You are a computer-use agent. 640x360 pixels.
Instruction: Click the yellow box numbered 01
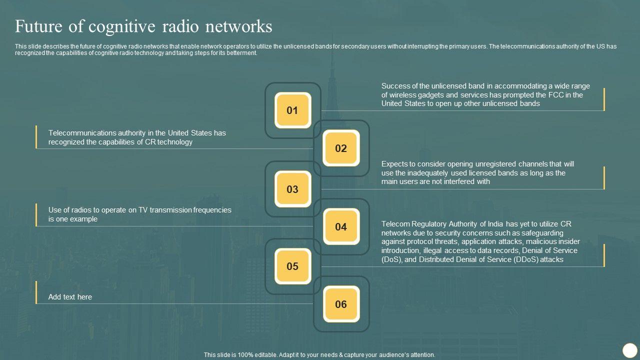point(292,110)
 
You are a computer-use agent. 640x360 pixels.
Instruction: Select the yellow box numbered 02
point(341,148)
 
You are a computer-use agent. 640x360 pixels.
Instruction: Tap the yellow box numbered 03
point(292,189)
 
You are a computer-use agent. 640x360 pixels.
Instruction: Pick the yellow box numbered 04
point(341,226)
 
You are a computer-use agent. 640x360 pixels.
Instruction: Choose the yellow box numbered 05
point(292,266)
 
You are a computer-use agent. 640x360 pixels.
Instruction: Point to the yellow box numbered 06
point(341,304)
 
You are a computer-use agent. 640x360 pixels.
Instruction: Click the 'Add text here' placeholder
point(70,297)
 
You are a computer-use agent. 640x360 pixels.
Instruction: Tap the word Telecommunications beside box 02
point(82,133)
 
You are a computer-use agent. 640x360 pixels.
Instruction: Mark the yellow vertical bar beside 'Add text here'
point(36,292)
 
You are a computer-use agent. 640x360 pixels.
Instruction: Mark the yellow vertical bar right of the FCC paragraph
point(604,99)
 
